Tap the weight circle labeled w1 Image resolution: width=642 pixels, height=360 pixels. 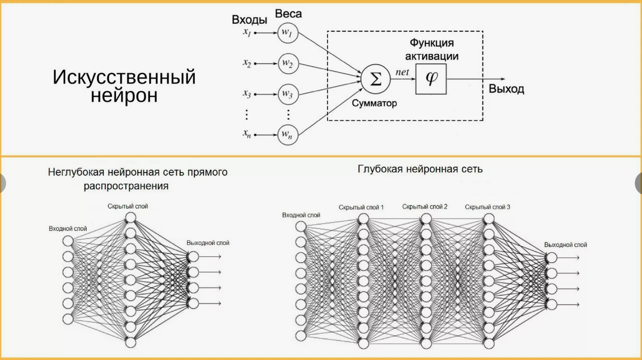[287, 33]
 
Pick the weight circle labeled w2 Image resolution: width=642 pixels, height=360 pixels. [287, 64]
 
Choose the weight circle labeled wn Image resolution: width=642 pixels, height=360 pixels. [287, 135]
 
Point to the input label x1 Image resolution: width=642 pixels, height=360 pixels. [247, 33]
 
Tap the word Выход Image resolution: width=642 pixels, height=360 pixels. [506, 89]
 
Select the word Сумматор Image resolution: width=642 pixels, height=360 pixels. [374, 103]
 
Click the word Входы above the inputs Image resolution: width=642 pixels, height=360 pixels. [249, 20]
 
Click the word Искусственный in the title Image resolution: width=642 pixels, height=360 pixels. [124, 78]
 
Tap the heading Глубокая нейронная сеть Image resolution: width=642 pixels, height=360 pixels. [420, 169]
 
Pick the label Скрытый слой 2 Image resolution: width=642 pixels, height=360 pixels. [425, 206]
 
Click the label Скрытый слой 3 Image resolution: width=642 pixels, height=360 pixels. [487, 206]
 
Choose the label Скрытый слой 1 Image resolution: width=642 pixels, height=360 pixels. [361, 207]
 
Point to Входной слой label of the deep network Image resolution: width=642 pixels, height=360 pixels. [301, 215]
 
